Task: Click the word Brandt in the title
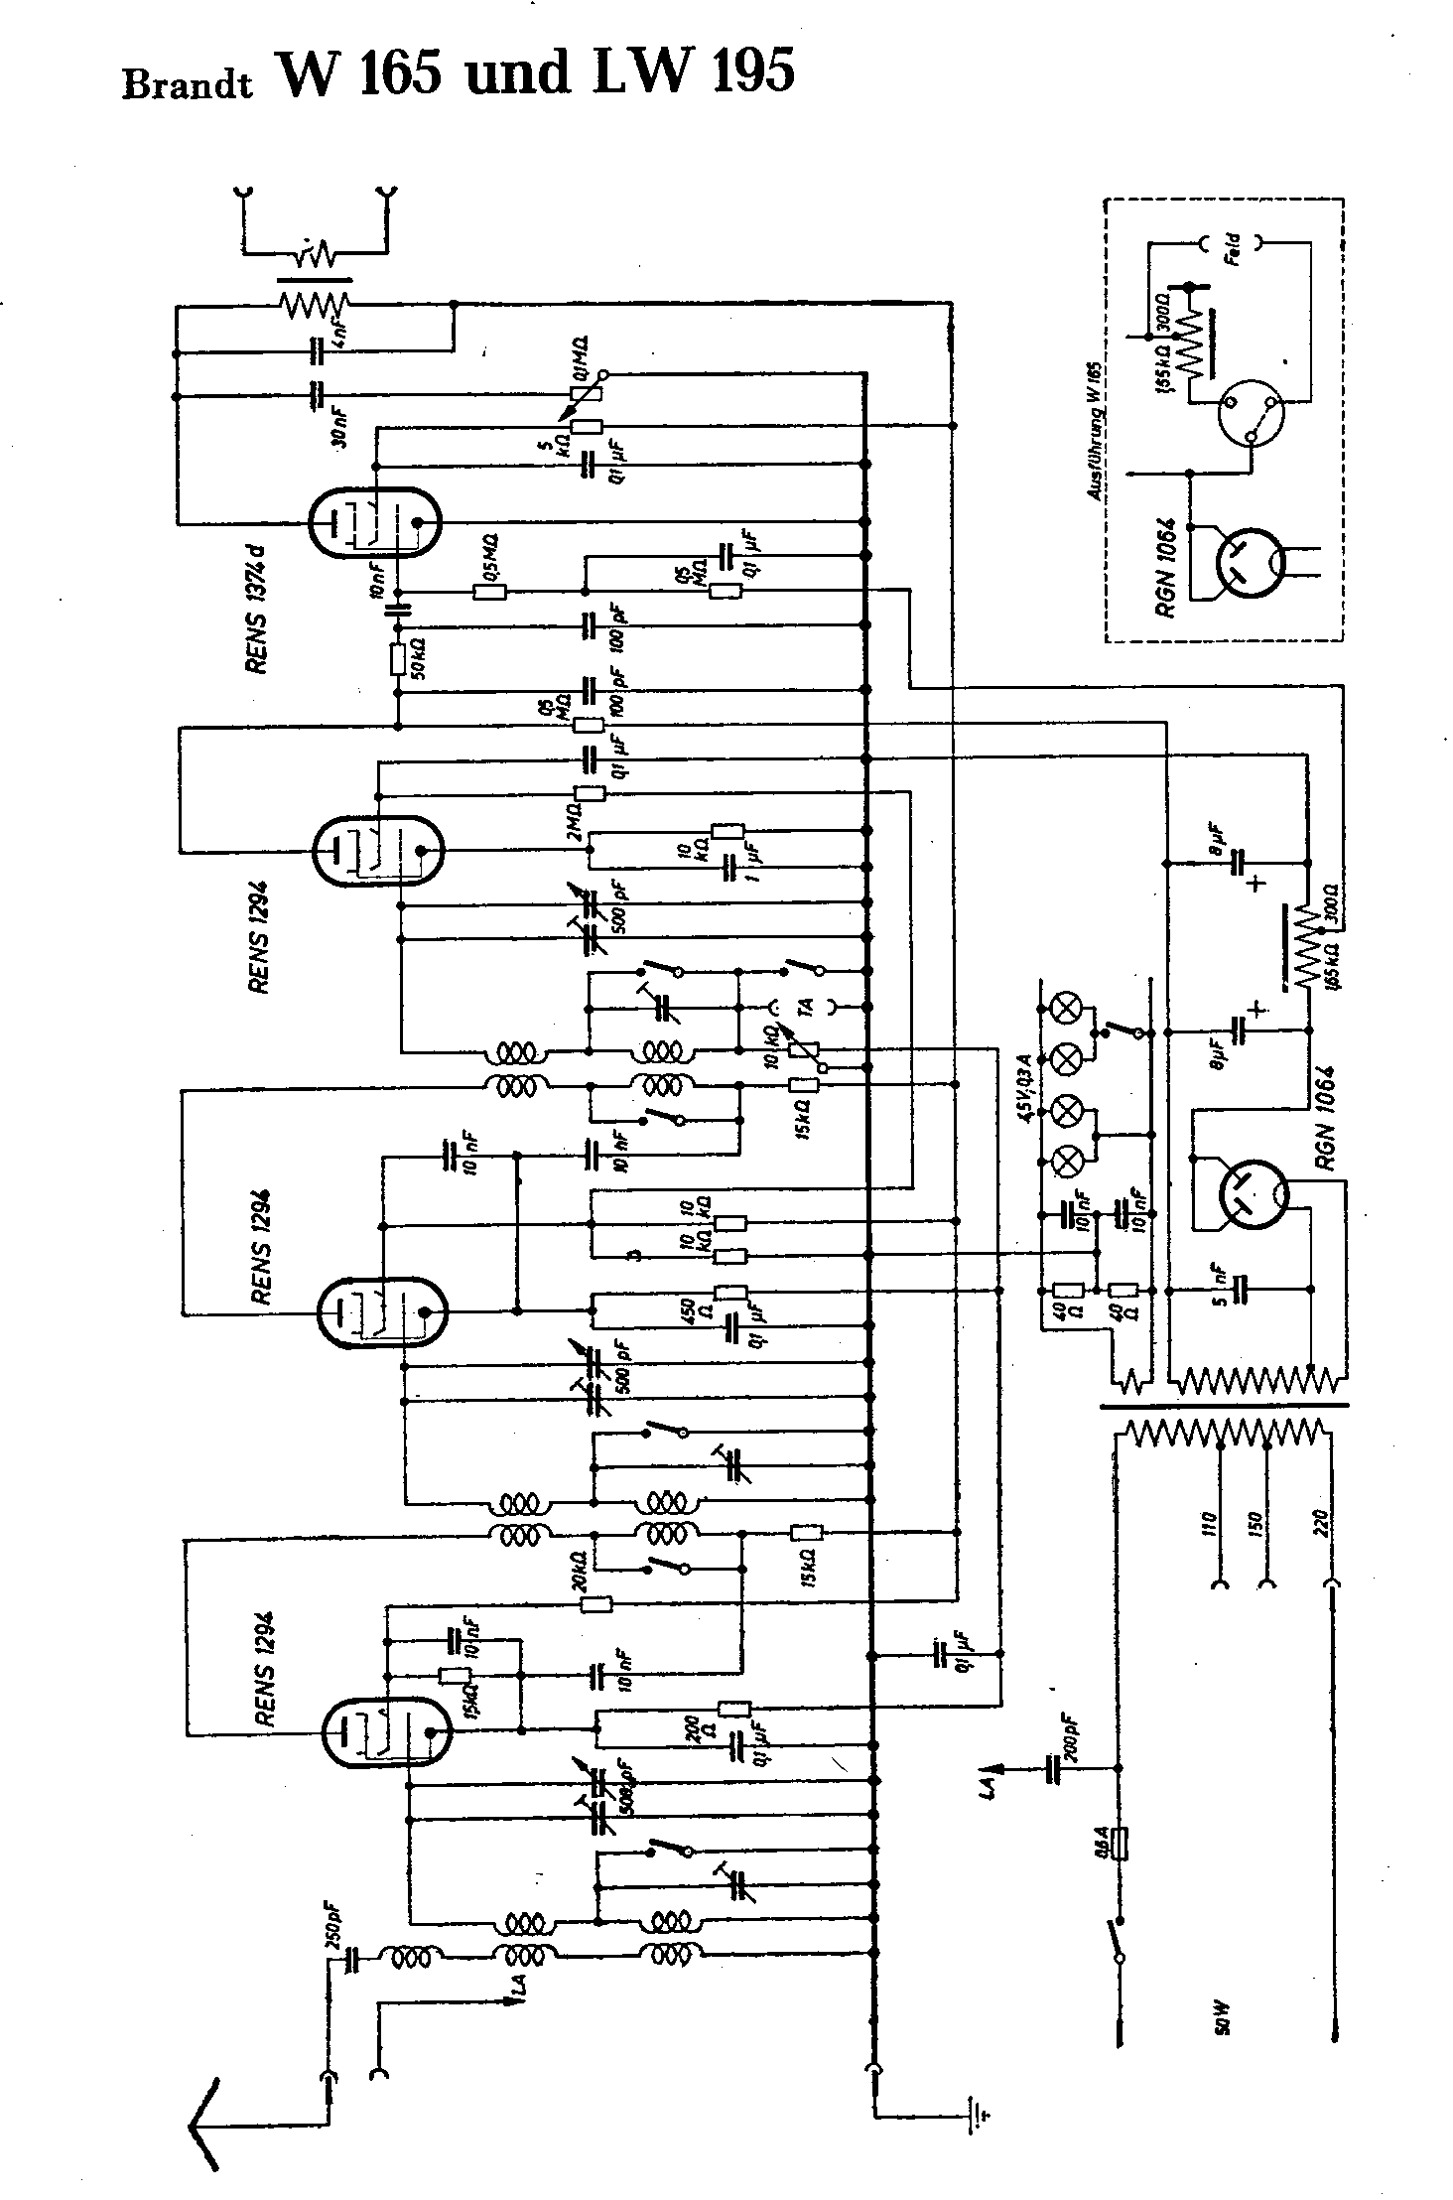(187, 84)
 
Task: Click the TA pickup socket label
(806, 1007)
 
